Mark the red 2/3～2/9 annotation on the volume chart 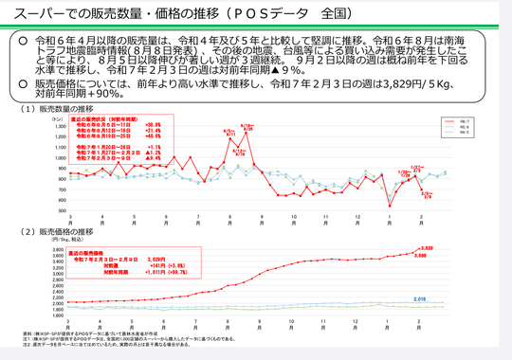[x=427, y=195]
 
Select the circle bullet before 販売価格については [x=23, y=84]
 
